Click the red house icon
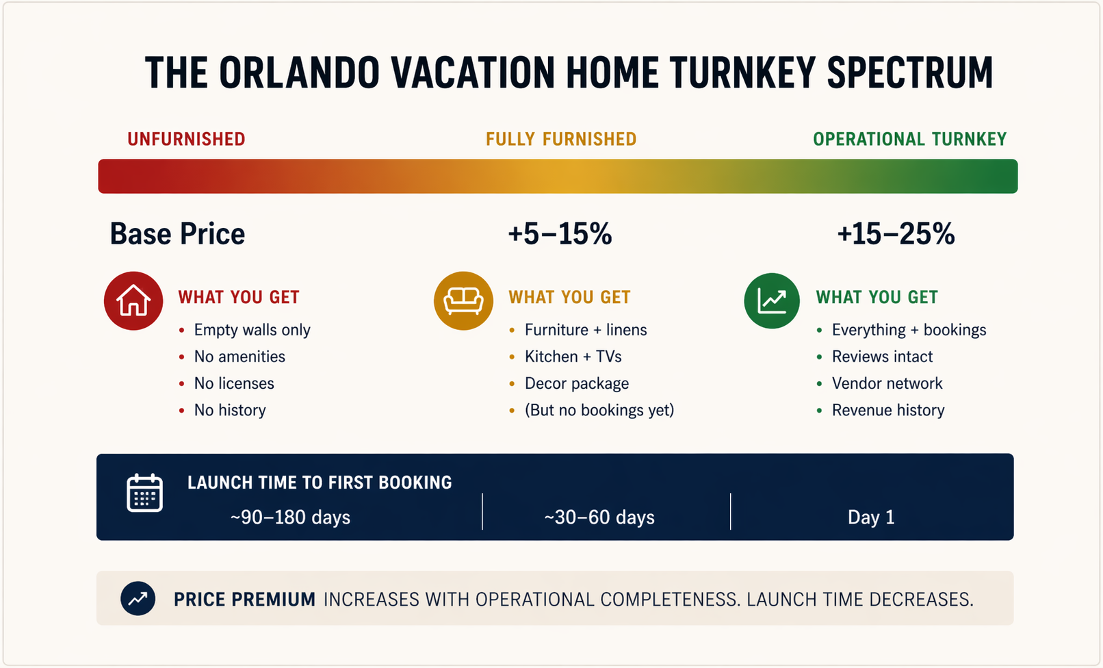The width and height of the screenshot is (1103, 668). tap(133, 301)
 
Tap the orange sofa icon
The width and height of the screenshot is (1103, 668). tap(463, 301)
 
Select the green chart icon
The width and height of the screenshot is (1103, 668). tap(772, 301)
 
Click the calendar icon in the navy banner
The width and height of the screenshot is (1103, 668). tap(144, 493)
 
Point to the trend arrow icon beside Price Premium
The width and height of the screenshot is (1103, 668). tap(138, 599)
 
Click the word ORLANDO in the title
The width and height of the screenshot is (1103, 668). tap(299, 73)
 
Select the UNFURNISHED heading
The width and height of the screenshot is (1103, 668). tap(186, 140)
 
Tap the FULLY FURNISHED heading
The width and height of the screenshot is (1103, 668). tap(561, 140)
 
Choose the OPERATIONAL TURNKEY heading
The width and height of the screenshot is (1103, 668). tap(909, 140)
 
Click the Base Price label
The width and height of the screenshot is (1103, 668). tap(177, 234)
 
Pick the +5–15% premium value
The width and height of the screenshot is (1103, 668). tap(560, 234)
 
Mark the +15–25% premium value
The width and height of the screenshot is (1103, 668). tap(896, 234)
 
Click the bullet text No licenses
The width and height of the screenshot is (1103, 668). tap(234, 383)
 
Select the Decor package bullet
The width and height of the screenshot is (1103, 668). tap(576, 383)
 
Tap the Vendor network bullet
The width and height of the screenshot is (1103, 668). tap(887, 383)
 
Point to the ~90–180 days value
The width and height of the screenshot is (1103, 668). tap(290, 517)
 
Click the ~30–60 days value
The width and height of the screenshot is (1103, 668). tap(599, 517)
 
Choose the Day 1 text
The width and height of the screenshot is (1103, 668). tap(871, 517)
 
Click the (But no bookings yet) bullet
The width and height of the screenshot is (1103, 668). tap(599, 410)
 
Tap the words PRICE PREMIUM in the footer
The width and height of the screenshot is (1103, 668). tap(244, 600)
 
